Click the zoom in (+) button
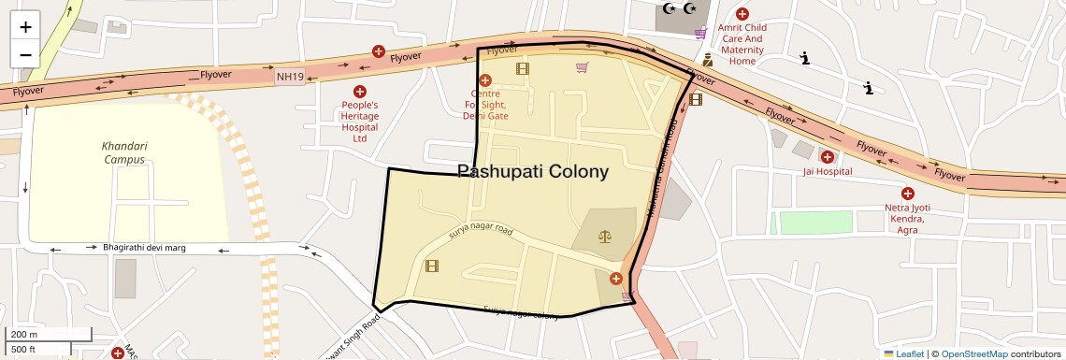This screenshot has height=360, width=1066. point(25,27)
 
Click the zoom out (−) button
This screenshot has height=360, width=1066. point(25,53)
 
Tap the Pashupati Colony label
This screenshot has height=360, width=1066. point(533,172)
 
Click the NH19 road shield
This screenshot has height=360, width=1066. point(290,76)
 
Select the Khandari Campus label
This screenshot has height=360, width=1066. point(125,152)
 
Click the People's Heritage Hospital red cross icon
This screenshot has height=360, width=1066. point(359,91)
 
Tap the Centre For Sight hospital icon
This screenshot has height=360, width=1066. point(484,80)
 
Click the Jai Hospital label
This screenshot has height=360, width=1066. point(828,172)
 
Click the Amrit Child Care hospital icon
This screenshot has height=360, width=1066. point(742,14)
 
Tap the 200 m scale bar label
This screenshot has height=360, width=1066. point(25,335)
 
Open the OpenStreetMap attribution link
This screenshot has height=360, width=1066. point(973,354)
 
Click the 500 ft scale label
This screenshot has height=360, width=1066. point(23,349)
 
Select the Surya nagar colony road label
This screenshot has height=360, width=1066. point(521,313)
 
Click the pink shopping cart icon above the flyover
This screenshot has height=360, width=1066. point(700,35)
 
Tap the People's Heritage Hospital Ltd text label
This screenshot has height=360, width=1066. point(359,122)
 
